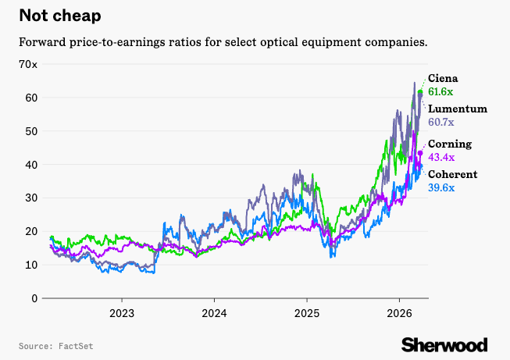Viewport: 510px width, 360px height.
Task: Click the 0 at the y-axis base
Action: coord(34,298)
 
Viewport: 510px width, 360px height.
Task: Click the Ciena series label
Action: coord(443,78)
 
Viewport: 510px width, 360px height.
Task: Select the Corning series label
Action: coord(450,144)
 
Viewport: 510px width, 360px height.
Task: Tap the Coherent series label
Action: coord(453,174)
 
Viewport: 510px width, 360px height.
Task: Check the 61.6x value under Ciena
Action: coord(442,92)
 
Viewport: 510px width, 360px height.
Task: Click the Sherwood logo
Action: coord(444,344)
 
